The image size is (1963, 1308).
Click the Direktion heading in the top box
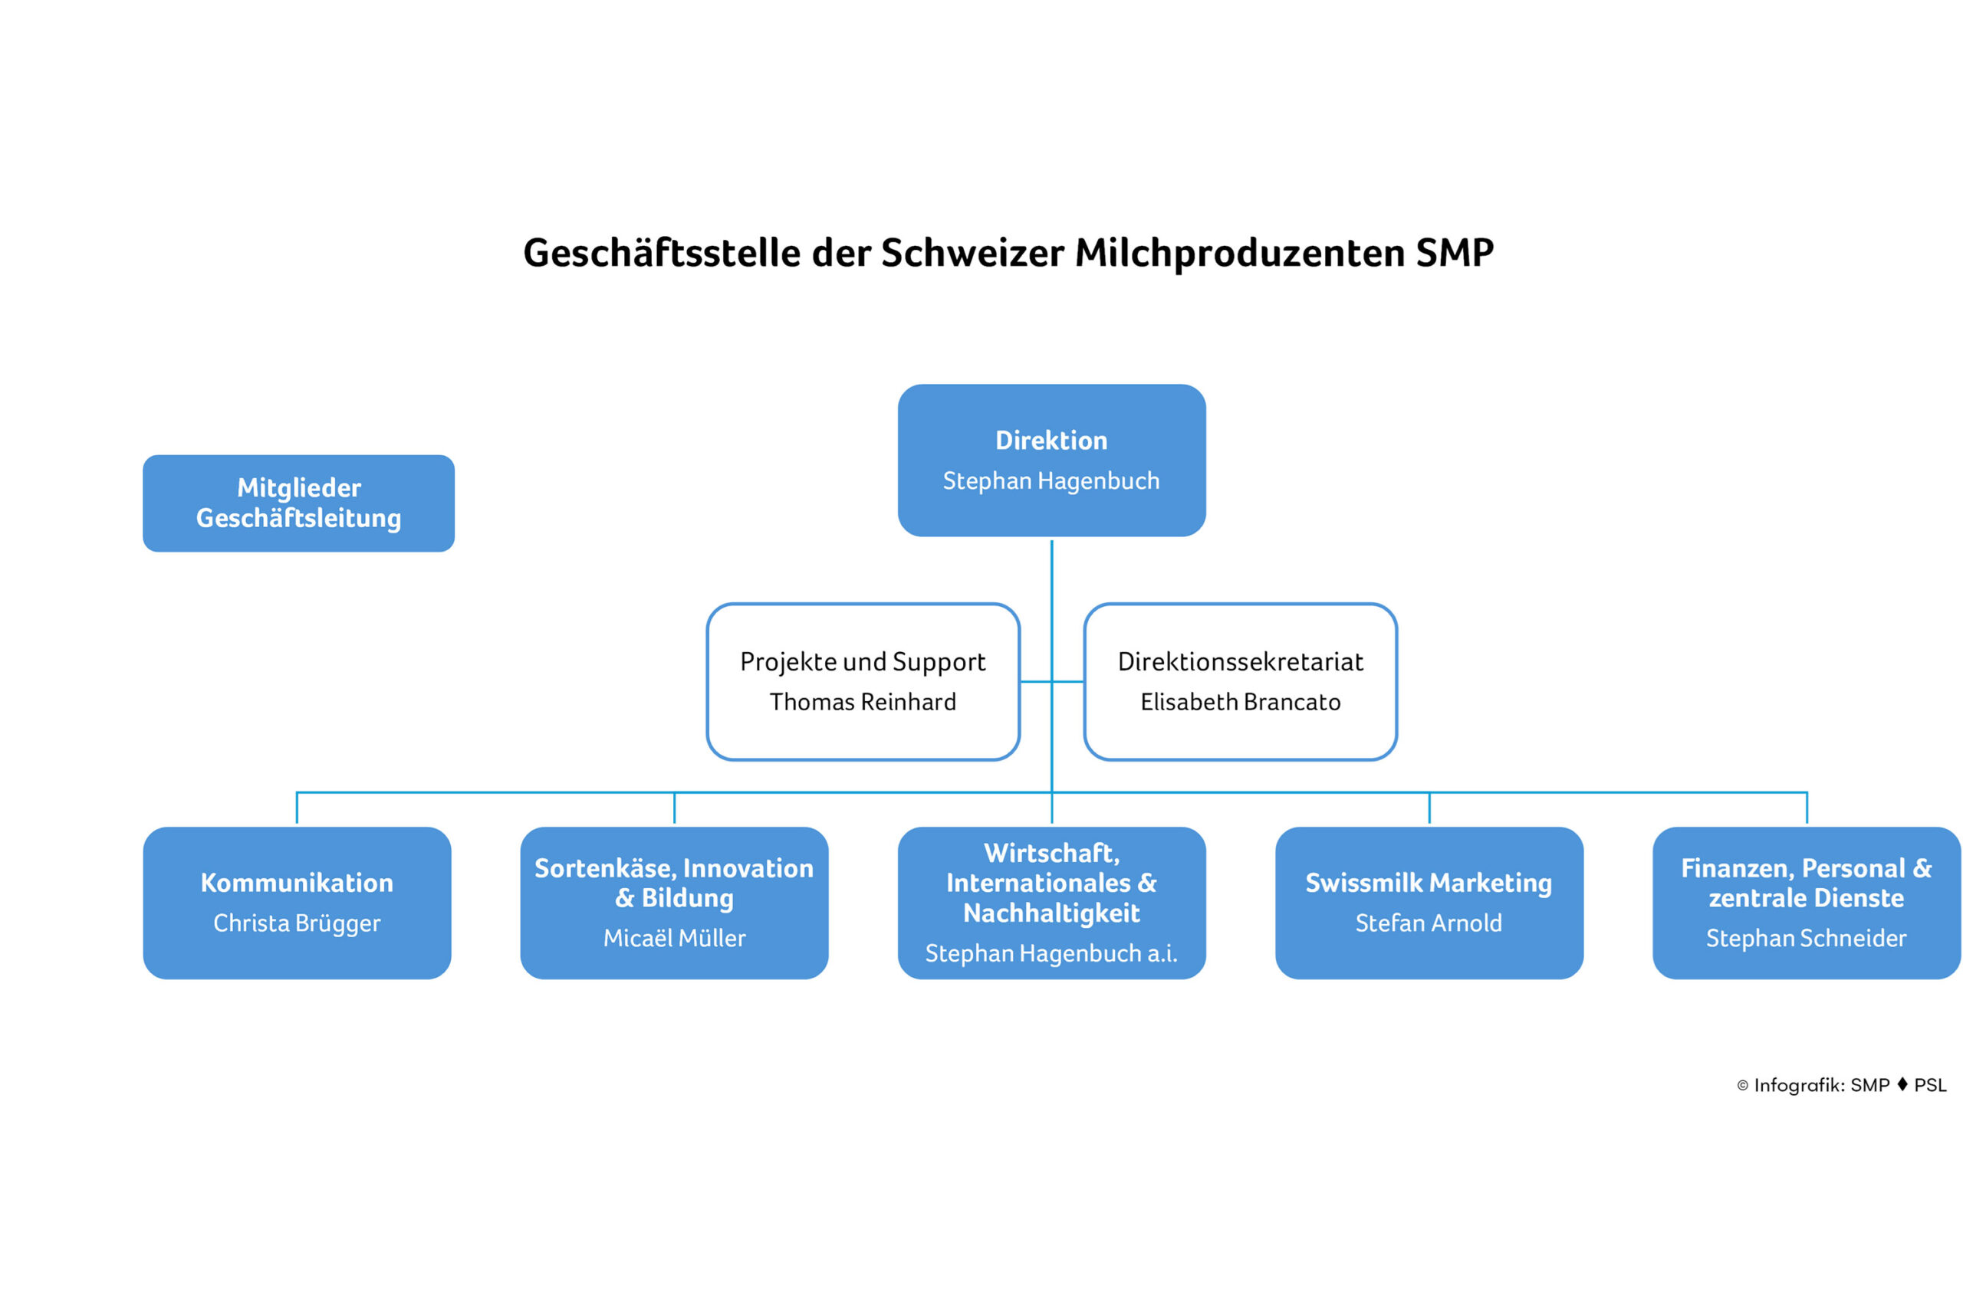pos(1051,441)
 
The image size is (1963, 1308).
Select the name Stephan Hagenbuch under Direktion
pos(1051,481)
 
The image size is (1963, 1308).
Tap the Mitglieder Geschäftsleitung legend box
pos(299,503)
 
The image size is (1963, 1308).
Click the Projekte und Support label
pos(862,662)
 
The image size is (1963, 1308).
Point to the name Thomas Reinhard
pos(862,703)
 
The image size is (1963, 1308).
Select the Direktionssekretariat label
pos(1240,662)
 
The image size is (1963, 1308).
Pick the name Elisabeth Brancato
pos(1240,703)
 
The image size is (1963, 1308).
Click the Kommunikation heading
pos(296,883)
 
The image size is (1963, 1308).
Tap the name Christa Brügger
pos(296,923)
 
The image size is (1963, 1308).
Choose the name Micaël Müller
pos(674,939)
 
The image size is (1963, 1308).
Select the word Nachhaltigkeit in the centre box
pos(1051,913)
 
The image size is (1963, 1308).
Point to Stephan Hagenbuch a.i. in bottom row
pos(1051,953)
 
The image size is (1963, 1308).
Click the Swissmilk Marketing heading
pos(1428,883)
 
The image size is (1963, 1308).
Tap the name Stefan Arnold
pos(1428,923)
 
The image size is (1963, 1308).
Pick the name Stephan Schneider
pos(1806,939)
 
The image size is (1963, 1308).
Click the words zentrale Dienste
pos(1806,898)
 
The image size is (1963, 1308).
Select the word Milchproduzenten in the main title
pos(1239,253)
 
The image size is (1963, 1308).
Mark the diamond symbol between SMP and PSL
pos(1902,1084)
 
